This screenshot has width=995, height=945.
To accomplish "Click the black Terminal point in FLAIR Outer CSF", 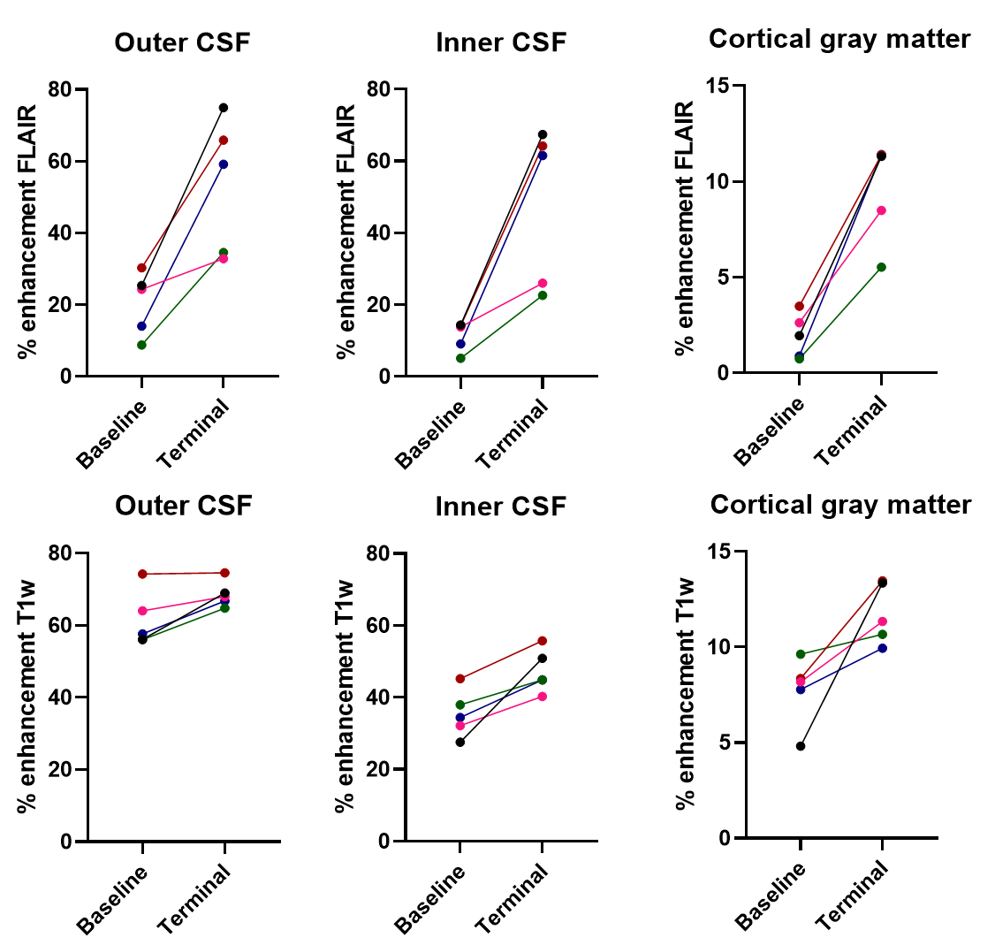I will click(224, 108).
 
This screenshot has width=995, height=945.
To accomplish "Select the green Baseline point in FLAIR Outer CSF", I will click(141, 345).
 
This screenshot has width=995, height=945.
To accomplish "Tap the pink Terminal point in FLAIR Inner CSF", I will click(543, 283).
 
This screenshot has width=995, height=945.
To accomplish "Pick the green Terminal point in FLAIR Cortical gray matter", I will click(882, 267).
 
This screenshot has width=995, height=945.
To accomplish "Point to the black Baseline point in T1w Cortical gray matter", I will click(801, 746).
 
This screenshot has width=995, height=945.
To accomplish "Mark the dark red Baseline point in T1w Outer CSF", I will click(141, 574).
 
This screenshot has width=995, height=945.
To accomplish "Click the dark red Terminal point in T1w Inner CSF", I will click(543, 641).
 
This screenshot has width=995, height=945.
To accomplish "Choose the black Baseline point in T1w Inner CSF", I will click(460, 742).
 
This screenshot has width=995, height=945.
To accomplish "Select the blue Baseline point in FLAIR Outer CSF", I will click(141, 326).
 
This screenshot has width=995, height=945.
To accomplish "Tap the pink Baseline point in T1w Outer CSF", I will click(141, 611).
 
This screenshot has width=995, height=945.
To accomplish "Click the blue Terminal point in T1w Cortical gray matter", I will click(882, 648).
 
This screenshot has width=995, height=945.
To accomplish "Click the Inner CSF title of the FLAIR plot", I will click(501, 42).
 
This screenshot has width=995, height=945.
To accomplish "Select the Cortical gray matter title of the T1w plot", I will click(840, 505).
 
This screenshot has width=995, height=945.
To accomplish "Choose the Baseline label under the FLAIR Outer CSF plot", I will click(112, 433).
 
